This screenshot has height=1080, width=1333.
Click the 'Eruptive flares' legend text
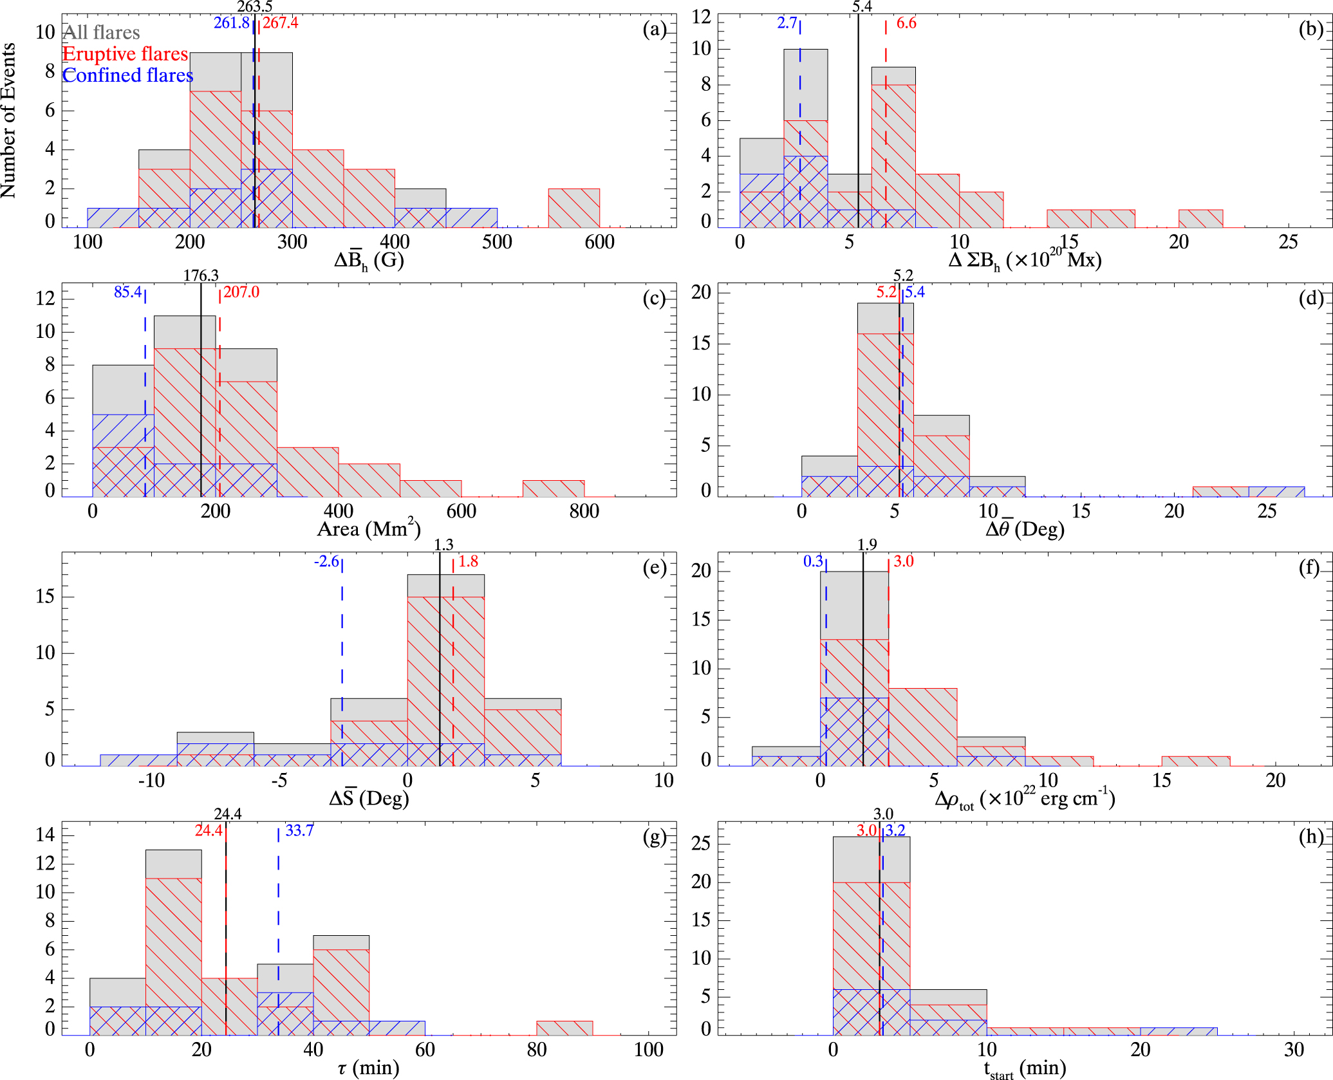(x=125, y=54)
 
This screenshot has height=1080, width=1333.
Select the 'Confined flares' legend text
(x=127, y=76)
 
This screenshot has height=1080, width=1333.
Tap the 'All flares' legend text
(x=102, y=32)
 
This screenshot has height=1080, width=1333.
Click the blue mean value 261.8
(x=231, y=23)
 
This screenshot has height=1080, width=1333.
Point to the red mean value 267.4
(x=280, y=23)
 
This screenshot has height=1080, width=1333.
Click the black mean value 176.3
(x=201, y=275)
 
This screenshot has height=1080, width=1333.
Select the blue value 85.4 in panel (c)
(x=127, y=292)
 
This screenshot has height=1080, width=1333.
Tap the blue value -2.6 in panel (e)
(x=326, y=562)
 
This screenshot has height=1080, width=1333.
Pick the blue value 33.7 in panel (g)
(x=299, y=830)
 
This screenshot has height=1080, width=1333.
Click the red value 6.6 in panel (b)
(x=906, y=23)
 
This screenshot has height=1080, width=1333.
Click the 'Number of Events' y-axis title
(x=9, y=120)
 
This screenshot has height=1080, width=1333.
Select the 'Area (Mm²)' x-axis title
(x=369, y=528)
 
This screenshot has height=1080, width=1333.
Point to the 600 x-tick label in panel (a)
(x=599, y=242)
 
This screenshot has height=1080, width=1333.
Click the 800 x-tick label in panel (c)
(x=584, y=511)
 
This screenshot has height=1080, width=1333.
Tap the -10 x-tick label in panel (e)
(x=151, y=781)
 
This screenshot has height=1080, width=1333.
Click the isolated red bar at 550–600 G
(x=574, y=208)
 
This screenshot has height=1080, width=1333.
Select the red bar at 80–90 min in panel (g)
(x=564, y=1027)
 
